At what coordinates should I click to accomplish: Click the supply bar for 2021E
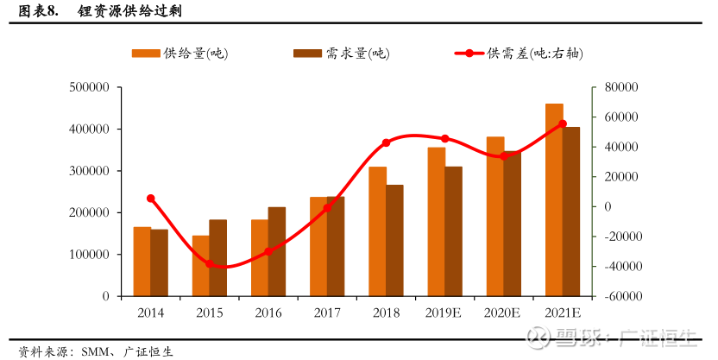[x=554, y=200]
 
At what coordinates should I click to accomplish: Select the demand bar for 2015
[x=218, y=258]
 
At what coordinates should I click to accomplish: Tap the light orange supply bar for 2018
[x=378, y=231]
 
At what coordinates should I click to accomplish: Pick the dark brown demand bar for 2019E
[x=453, y=231]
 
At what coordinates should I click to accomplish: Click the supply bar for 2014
[x=142, y=262]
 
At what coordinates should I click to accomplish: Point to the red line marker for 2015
[x=210, y=264]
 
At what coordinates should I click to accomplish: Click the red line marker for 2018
[x=386, y=142]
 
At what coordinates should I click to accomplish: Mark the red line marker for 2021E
[x=563, y=123]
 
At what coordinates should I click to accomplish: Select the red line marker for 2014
[x=151, y=199]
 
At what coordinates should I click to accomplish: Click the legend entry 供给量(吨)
[x=180, y=54]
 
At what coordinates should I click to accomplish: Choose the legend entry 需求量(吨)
[x=342, y=54]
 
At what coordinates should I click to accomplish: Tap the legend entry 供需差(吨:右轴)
[x=520, y=54]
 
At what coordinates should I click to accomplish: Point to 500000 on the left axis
[x=89, y=87]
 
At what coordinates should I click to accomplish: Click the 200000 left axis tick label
[x=89, y=212]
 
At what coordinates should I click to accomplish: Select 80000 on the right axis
[x=621, y=87]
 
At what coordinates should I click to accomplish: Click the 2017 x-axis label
[x=327, y=313]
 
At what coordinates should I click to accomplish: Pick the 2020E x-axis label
[x=502, y=313]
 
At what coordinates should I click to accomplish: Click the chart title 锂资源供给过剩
[x=130, y=10]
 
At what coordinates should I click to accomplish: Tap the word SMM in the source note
[x=95, y=351]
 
